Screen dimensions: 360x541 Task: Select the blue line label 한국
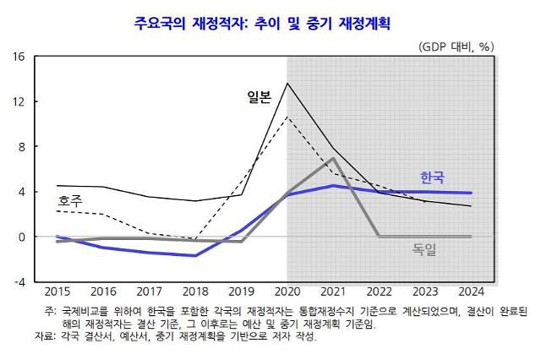click(432, 177)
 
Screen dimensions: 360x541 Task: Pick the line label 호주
click(69, 201)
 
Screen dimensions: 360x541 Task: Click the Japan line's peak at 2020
click(287, 83)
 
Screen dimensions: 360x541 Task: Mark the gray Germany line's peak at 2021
click(334, 158)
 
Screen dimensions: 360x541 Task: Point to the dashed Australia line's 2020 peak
click(287, 117)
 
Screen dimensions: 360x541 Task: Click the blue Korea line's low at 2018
click(195, 255)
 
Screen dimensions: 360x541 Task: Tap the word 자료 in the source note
click(56, 336)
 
